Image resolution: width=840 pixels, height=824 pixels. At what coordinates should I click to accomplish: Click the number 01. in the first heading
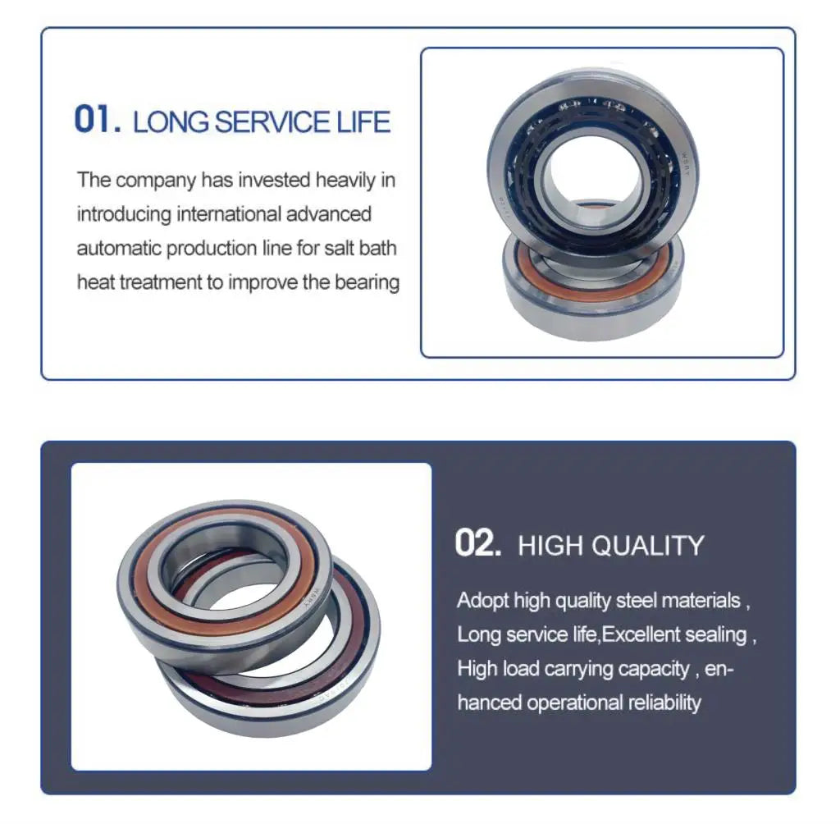[98, 119]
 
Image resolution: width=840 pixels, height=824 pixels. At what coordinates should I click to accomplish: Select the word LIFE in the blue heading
[363, 121]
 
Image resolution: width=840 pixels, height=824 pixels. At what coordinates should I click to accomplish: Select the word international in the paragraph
[228, 214]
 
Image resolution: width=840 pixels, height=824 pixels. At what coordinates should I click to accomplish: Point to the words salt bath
[360, 248]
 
